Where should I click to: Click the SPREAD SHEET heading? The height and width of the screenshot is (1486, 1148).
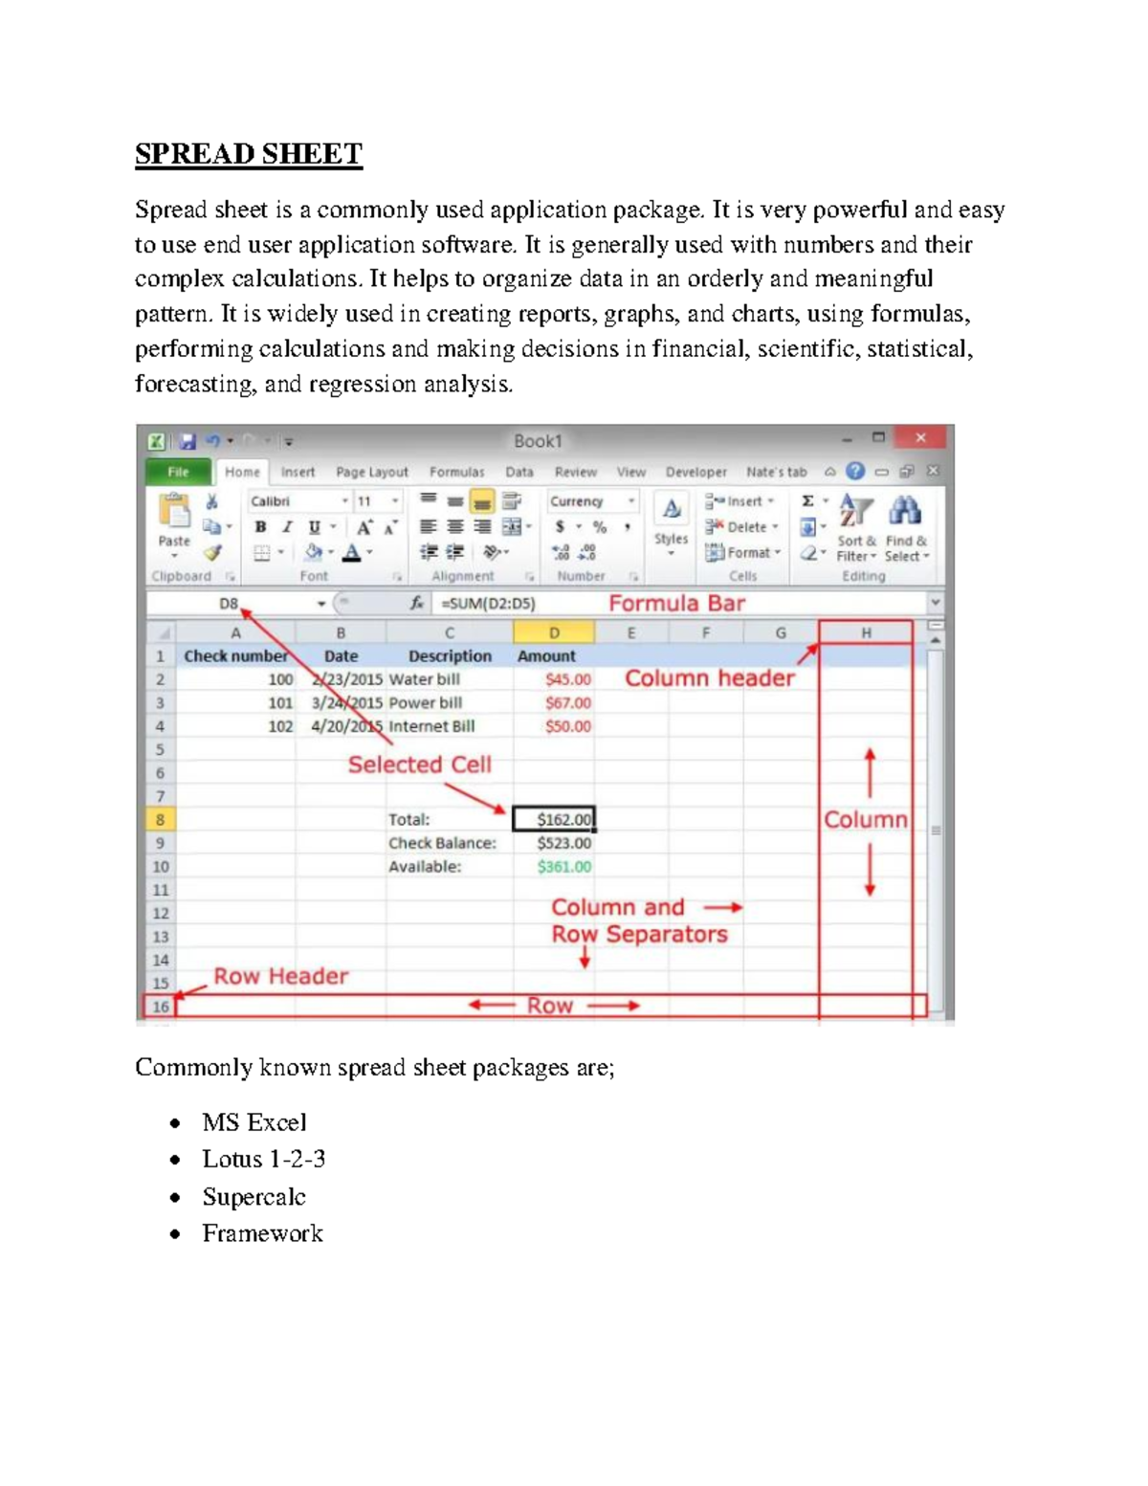(248, 154)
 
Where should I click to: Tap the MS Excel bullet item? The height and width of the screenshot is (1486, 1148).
(254, 1122)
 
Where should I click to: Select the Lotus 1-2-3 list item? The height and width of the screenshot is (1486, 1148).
(263, 1159)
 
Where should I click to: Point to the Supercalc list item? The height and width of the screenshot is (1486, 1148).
(254, 1197)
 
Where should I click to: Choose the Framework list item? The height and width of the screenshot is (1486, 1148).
(262, 1233)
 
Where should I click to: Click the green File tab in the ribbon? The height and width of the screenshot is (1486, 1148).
(178, 472)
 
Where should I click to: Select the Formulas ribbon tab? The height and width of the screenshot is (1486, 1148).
(456, 472)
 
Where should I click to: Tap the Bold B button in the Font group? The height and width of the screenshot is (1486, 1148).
(260, 527)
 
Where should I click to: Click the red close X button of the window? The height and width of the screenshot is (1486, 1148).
(920, 438)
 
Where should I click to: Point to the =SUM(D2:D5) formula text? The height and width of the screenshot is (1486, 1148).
(488, 604)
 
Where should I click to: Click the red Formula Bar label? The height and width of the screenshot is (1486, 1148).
(676, 604)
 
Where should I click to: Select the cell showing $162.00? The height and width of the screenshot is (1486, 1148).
(554, 819)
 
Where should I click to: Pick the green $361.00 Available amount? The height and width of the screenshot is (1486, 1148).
(563, 867)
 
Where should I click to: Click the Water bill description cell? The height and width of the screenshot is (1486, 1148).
(425, 679)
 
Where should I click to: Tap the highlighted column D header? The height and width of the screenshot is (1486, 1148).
(554, 632)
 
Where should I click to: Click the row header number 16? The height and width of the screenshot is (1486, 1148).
(160, 1007)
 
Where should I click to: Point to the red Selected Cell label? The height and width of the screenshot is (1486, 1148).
(419, 765)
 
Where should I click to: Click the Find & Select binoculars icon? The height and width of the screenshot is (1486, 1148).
(905, 511)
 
